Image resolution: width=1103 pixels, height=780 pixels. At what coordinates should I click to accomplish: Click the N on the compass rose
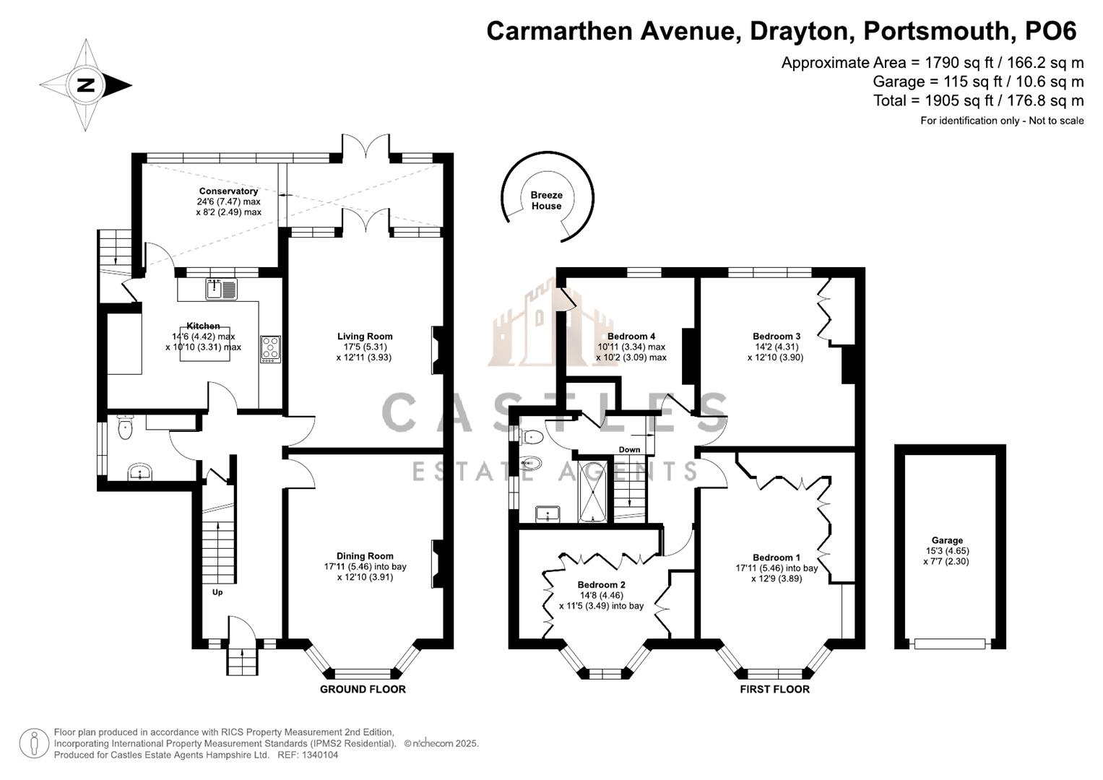[x=86, y=85]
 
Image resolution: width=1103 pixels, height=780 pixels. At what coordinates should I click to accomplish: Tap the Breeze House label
[x=546, y=201]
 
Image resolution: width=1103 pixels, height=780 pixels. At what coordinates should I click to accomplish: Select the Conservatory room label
[x=228, y=191]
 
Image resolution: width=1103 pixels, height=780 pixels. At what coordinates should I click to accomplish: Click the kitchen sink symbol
[x=222, y=289]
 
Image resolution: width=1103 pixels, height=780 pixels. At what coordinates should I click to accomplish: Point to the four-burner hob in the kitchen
[x=270, y=349]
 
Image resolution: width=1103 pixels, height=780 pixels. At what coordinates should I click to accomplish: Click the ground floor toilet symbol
[x=126, y=427]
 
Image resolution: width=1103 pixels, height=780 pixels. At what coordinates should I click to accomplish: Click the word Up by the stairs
[x=217, y=592]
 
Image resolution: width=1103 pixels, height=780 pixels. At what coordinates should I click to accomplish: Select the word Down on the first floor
[x=629, y=449]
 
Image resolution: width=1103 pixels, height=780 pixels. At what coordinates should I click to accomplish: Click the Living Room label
[x=365, y=337]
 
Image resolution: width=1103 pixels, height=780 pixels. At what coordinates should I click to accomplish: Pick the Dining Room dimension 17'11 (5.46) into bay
[x=365, y=567]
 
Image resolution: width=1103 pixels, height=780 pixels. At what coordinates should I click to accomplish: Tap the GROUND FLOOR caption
[x=363, y=690]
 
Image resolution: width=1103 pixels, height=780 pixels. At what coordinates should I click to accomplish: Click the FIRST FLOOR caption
[x=774, y=690]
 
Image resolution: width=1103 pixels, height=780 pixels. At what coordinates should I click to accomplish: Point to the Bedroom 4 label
[x=631, y=337]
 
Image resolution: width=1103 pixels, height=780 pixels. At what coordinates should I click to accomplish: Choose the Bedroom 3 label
[x=777, y=337]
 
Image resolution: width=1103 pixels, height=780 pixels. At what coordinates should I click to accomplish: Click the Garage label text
[x=947, y=540]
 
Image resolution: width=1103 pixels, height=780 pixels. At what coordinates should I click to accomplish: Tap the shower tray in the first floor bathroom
[x=593, y=490]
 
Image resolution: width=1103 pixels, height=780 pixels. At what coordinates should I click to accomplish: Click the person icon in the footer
[x=33, y=744]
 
